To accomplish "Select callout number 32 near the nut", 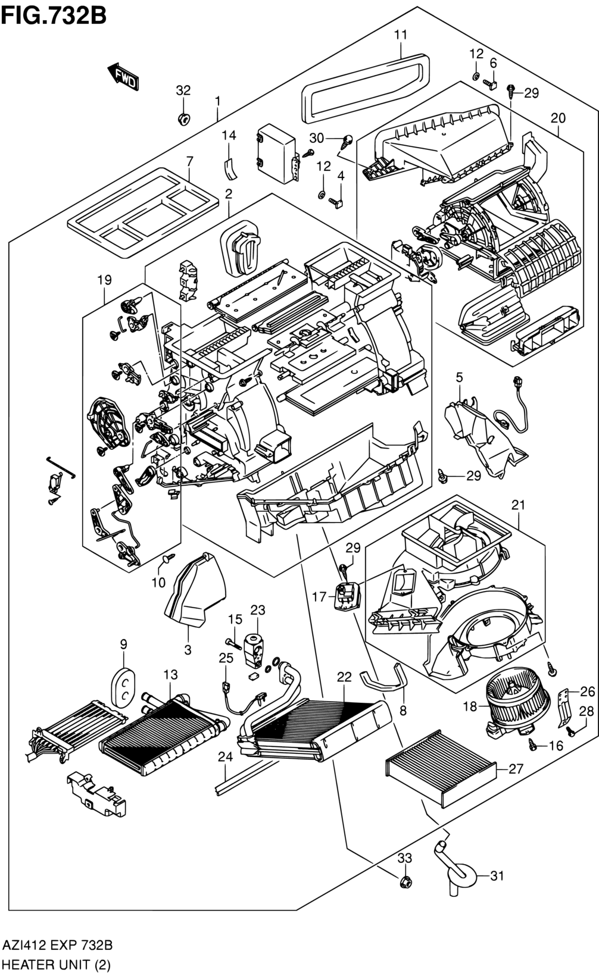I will click(x=183, y=90).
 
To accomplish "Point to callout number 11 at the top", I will click(x=401, y=35).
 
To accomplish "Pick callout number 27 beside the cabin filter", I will click(x=516, y=769).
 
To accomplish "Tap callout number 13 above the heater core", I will click(x=171, y=674).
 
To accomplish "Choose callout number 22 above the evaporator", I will click(x=344, y=677).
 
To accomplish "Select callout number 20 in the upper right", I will click(x=558, y=118).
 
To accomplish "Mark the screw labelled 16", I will click(x=532, y=743).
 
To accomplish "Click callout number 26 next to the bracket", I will click(x=587, y=691).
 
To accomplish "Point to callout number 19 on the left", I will click(x=105, y=279).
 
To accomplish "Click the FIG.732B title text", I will click(x=54, y=14).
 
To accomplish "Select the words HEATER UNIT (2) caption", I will click(x=57, y=964).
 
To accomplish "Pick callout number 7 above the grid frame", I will click(x=189, y=161).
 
